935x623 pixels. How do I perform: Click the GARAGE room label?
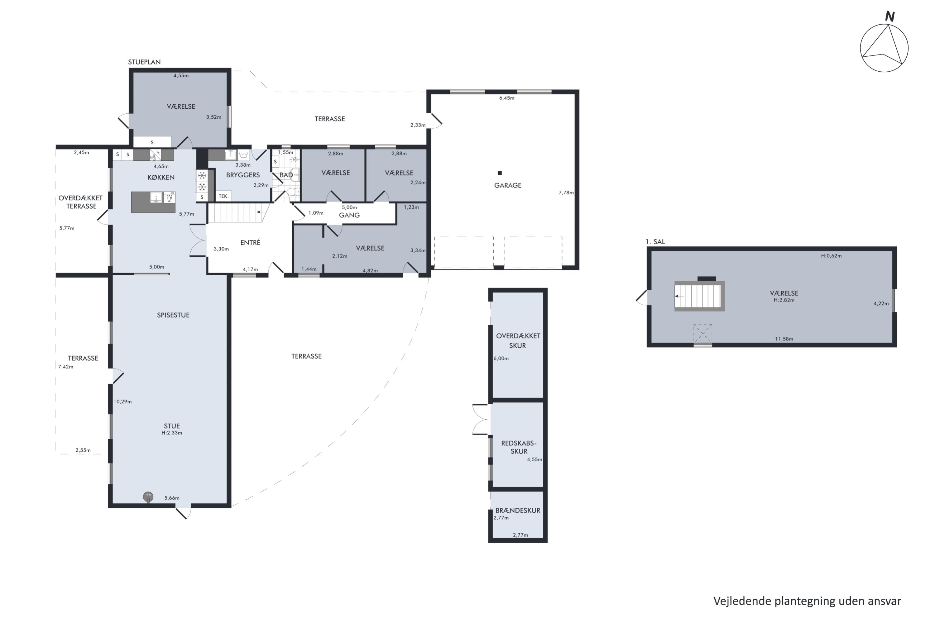click(x=508, y=185)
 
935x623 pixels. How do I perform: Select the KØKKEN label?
click(x=161, y=177)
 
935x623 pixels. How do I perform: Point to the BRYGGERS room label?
click(x=243, y=175)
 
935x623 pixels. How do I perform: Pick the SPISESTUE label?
click(x=173, y=315)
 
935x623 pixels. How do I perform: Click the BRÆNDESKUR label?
click(x=518, y=511)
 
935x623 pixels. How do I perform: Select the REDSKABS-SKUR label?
click(x=519, y=447)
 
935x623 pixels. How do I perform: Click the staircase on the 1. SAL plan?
click(x=699, y=296)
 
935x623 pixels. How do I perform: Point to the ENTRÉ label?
click(x=251, y=242)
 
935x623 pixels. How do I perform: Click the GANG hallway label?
click(x=349, y=215)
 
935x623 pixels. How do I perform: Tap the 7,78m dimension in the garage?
click(x=566, y=193)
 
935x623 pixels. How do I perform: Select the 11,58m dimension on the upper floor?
click(x=784, y=339)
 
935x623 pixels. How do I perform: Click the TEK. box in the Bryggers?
click(x=224, y=196)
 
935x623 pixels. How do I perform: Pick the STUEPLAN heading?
click(x=144, y=62)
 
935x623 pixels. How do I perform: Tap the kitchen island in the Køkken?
click(x=153, y=202)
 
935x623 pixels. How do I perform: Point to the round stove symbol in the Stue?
click(x=148, y=497)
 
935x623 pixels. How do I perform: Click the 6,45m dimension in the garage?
click(x=507, y=98)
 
